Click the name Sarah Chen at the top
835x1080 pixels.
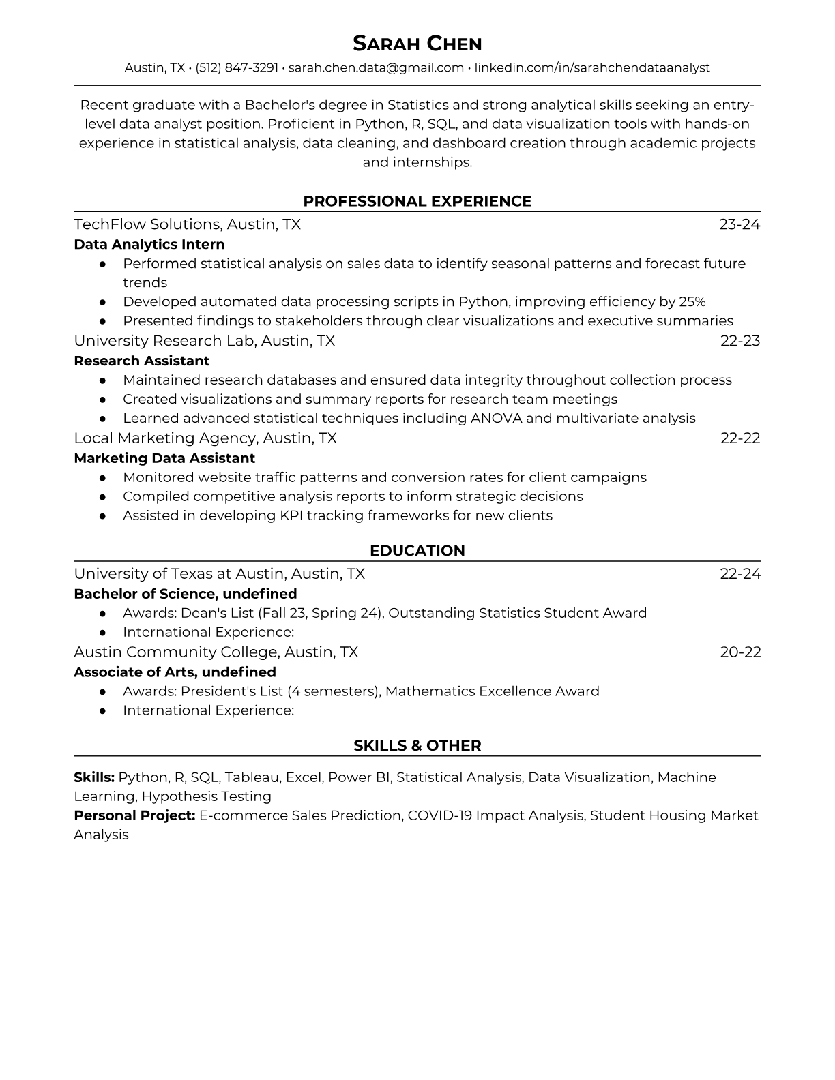click(x=417, y=44)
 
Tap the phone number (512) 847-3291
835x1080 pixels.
click(x=237, y=67)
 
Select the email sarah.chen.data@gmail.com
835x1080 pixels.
click(x=376, y=67)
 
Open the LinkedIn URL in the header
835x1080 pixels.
click(x=592, y=67)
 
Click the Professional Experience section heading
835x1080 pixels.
click(x=417, y=201)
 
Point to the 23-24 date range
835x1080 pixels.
click(x=739, y=224)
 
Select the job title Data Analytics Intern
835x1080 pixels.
click(x=149, y=244)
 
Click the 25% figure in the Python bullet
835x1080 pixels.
click(x=692, y=301)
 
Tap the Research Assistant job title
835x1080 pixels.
click(x=141, y=361)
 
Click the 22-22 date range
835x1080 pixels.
click(x=740, y=438)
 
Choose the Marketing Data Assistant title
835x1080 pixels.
click(x=164, y=458)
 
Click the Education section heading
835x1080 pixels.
click(x=417, y=551)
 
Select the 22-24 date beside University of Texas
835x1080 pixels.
click(x=740, y=574)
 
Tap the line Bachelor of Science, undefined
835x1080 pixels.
click(x=185, y=594)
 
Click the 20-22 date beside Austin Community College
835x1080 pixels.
click(x=740, y=652)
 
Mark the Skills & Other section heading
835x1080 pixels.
click(x=417, y=746)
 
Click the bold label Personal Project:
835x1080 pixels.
click(x=134, y=815)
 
